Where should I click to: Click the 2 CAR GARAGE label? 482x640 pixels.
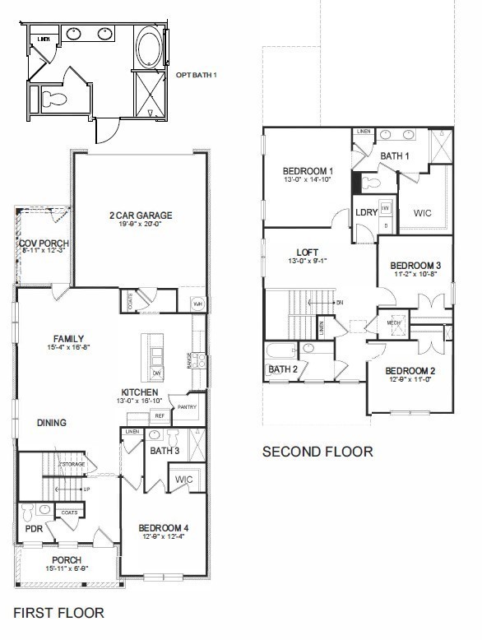(141, 216)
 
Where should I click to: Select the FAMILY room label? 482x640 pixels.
(68, 339)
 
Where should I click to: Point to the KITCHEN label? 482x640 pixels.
(140, 392)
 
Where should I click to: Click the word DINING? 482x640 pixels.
(52, 423)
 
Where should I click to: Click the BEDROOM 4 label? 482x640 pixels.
(163, 527)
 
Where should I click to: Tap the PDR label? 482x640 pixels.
(34, 530)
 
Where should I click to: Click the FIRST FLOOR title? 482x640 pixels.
(59, 613)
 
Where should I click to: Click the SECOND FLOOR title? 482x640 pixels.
(317, 452)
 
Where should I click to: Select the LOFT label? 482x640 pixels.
(308, 253)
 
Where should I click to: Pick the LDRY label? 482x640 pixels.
(367, 212)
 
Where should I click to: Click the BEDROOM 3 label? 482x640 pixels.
(415, 266)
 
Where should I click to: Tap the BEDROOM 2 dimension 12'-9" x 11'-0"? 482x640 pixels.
(410, 379)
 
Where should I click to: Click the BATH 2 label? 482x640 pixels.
(282, 369)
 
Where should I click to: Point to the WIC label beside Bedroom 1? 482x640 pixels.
(422, 212)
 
